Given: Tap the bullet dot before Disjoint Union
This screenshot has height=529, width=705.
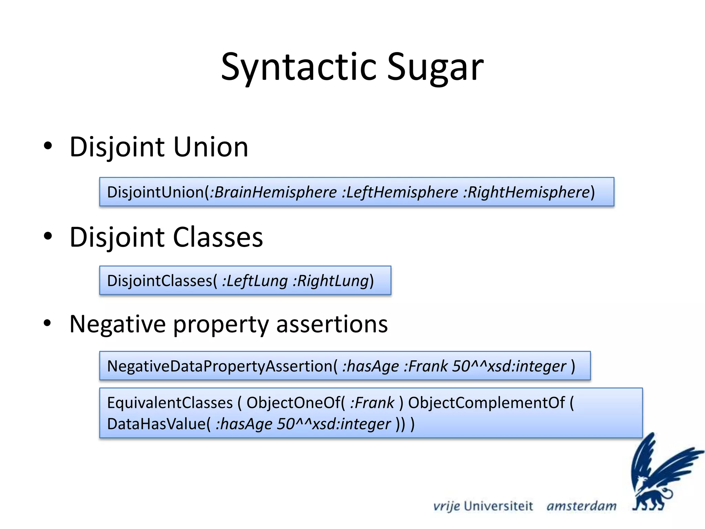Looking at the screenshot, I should pyautogui.click(x=48, y=146).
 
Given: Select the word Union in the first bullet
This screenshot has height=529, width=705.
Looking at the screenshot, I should pyautogui.click(x=211, y=147).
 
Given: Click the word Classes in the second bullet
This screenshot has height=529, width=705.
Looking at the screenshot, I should pyautogui.click(x=218, y=237).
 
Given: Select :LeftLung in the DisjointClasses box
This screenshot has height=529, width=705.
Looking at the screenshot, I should pyautogui.click(x=255, y=281).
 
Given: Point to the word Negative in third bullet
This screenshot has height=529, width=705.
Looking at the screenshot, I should pyautogui.click(x=117, y=324).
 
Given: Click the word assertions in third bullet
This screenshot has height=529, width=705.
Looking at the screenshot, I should pyautogui.click(x=332, y=324).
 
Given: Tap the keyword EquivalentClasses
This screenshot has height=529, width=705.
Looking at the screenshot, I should pyautogui.click(x=170, y=403).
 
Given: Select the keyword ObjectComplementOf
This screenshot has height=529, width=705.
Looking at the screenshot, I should pyautogui.click(x=486, y=403).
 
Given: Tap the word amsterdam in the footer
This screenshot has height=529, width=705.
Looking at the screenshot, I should pyautogui.click(x=581, y=506).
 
